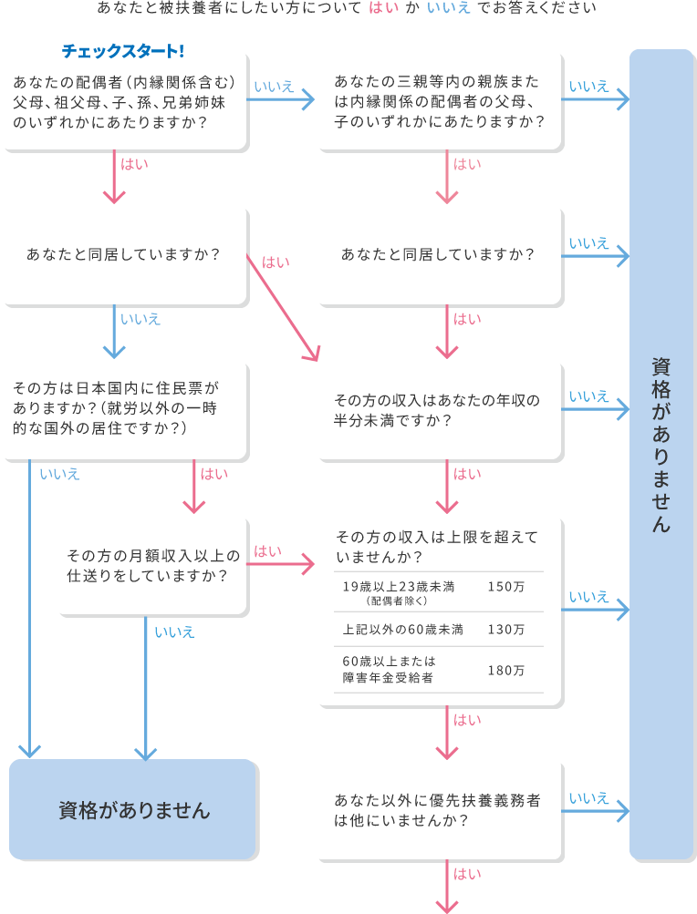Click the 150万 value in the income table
point(506,587)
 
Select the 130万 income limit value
point(506,630)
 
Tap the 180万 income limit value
point(506,670)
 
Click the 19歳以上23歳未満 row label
point(399,587)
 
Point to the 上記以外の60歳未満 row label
point(403,630)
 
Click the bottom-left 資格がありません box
point(134,810)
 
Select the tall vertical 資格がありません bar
point(661,456)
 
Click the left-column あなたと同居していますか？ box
point(124,254)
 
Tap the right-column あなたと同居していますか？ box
point(439,254)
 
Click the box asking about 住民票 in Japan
point(124,408)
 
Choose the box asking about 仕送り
point(151,565)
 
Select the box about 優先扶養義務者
point(439,810)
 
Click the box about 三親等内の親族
point(439,100)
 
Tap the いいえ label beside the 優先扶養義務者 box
point(588,798)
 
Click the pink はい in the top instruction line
point(382,8)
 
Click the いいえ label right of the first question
point(274,87)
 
